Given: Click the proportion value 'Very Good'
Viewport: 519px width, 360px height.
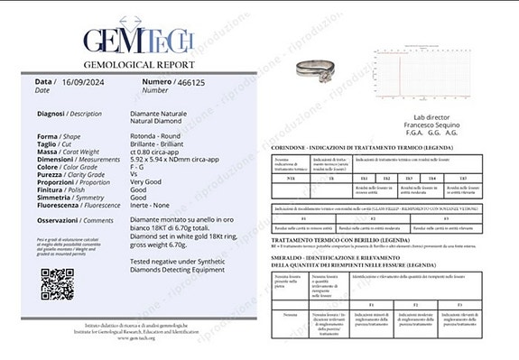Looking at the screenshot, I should tap(144, 182).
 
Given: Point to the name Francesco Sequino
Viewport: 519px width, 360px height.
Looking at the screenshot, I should tap(403, 125).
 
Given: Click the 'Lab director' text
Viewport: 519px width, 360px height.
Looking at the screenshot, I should tap(403, 116).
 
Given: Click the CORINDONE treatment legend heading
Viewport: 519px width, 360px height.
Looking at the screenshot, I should tap(375, 146).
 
